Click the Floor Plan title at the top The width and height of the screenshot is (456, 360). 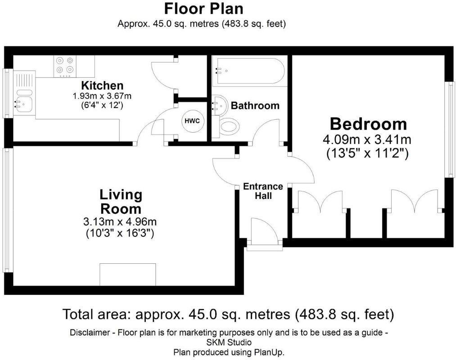coord(203,9)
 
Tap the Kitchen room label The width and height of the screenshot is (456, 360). coord(102,85)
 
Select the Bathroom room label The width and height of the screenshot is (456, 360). coord(255,106)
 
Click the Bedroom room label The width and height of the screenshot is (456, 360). coord(368,124)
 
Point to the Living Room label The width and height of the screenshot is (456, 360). coord(120,202)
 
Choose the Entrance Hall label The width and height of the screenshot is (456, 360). coord(263,191)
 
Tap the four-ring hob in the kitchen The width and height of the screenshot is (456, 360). coord(65,65)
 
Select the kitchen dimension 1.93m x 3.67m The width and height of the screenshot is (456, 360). coord(102,96)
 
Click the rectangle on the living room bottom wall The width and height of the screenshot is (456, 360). coord(127,274)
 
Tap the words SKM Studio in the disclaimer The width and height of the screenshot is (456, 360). coord(229,342)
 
